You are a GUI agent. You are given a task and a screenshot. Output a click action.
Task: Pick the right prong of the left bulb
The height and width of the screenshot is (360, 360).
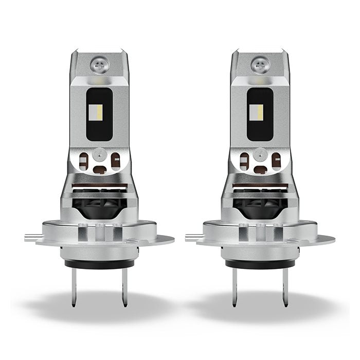click(123, 287)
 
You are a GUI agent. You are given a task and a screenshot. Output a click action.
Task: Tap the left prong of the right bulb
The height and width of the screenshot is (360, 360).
click(236, 287)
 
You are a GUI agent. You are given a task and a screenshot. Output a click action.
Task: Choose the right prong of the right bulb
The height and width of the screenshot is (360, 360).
click(284, 287)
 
